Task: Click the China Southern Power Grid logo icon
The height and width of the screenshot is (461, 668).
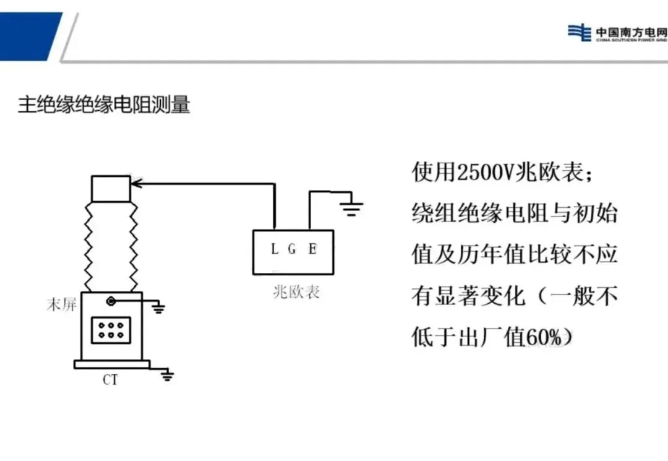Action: [579, 32]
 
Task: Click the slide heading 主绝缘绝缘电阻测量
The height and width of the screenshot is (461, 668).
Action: [104, 105]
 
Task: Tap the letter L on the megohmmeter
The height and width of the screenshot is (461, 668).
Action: [275, 249]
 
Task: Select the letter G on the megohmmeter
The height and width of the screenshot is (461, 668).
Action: [293, 249]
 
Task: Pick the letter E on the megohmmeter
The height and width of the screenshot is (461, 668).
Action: [312, 249]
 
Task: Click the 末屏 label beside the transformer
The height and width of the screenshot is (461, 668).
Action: [61, 304]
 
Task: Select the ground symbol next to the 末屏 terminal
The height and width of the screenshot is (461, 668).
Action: [159, 307]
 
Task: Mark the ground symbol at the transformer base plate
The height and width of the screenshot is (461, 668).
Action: [167, 376]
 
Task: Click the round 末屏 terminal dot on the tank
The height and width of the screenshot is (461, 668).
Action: [111, 301]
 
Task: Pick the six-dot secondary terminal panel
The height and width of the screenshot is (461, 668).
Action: [109, 330]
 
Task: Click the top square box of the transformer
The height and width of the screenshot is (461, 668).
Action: [111, 189]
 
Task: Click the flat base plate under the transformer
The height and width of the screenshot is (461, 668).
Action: [112, 364]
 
